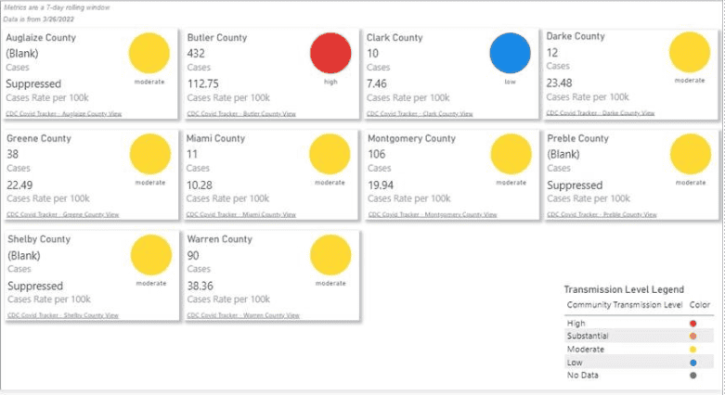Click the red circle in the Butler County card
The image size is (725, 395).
330,54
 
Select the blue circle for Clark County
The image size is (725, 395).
510,54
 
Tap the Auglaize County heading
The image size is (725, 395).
41,38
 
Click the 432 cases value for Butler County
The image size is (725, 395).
196,54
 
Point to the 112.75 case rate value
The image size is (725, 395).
202,83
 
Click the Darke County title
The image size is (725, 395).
576,37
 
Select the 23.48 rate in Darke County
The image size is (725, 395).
560,83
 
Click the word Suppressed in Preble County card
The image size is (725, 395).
575,185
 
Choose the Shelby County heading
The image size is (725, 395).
39,239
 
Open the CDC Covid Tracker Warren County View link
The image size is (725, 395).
242,315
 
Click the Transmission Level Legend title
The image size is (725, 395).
624,290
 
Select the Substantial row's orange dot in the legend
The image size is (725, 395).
693,336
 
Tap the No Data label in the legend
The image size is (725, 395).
583,376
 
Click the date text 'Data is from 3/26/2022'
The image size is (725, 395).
37,18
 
